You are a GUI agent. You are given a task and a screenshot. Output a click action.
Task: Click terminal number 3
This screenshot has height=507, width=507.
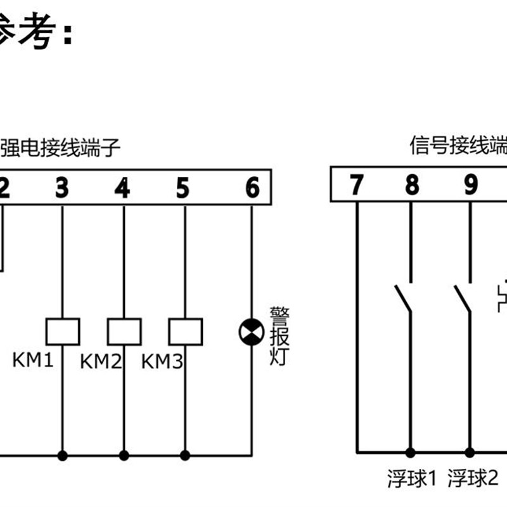[x=61, y=188]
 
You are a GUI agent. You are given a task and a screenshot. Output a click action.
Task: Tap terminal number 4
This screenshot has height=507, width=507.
[x=122, y=188]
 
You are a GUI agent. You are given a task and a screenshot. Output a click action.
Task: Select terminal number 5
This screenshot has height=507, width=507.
[x=183, y=188]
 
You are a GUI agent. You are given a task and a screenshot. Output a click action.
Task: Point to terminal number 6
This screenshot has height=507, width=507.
[x=252, y=188]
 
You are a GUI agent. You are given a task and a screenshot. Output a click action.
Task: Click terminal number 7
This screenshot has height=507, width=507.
[x=357, y=185]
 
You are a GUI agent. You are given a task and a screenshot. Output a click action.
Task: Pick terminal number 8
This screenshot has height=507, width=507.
[x=412, y=185]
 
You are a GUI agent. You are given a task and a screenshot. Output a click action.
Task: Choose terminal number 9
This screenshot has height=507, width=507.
[x=470, y=185]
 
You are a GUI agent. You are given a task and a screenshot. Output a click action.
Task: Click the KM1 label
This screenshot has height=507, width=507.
[x=32, y=361]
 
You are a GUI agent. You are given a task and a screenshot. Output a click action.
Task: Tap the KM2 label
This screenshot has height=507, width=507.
[x=100, y=362]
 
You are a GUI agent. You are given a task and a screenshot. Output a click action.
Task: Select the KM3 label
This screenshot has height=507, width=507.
[x=162, y=362]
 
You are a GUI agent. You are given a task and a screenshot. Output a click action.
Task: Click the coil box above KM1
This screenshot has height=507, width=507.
[x=63, y=331]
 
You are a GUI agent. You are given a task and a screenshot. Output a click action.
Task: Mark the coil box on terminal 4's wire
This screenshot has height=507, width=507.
[x=124, y=331]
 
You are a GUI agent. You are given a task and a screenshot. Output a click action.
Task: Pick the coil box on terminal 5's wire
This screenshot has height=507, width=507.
[x=185, y=331]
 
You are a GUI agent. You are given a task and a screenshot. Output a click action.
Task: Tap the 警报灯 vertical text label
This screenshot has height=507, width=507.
[x=279, y=336]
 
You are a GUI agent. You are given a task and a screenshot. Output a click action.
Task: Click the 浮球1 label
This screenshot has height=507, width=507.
[x=412, y=477]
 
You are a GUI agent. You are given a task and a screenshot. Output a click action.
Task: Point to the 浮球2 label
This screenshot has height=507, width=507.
[x=473, y=477]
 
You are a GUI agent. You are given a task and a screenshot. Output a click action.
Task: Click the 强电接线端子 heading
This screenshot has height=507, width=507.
[x=60, y=148]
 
